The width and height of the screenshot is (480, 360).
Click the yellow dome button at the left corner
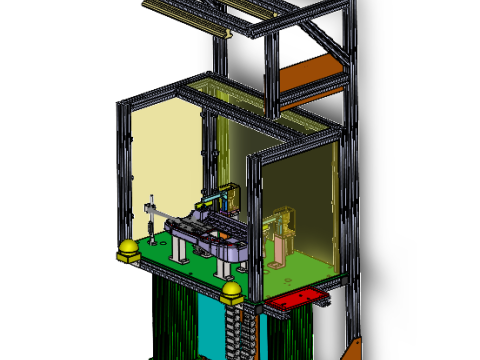[x=129, y=249]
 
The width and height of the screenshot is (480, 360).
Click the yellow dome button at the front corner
[x=232, y=292]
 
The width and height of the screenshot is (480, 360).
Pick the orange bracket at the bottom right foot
[x=352, y=350]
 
